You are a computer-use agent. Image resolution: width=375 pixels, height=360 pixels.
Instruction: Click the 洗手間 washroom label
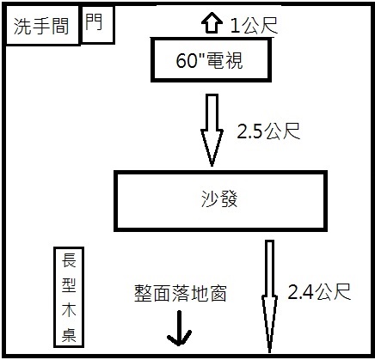[x=41, y=27]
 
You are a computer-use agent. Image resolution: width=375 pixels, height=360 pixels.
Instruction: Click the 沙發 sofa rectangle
[x=220, y=173]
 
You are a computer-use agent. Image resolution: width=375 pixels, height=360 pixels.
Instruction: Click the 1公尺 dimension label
[x=254, y=25]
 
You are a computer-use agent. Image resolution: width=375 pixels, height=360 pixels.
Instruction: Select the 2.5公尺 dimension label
[x=268, y=131]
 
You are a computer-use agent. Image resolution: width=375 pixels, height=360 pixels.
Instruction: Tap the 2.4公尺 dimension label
[x=319, y=292]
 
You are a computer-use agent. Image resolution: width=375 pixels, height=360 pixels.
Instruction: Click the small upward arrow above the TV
[x=212, y=23]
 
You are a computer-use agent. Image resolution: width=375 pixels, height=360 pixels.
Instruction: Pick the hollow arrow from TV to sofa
[x=212, y=130]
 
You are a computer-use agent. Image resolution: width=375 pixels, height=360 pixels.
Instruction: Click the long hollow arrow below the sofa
[x=269, y=296]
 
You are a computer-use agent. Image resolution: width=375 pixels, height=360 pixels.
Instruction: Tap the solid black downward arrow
[x=180, y=328]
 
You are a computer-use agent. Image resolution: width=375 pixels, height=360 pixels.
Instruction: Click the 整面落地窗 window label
[x=181, y=293]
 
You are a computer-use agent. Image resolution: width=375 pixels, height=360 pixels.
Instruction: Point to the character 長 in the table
[x=69, y=260]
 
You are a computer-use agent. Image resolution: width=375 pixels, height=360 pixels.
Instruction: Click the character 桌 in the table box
[x=69, y=334]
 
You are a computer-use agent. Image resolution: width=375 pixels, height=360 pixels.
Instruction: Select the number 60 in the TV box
[x=186, y=60]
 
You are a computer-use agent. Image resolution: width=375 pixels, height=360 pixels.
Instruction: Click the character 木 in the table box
[x=69, y=309]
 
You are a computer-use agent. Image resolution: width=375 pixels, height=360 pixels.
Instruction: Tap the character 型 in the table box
[x=69, y=285]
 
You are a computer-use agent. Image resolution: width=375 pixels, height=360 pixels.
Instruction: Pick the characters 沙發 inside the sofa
[x=219, y=198]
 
